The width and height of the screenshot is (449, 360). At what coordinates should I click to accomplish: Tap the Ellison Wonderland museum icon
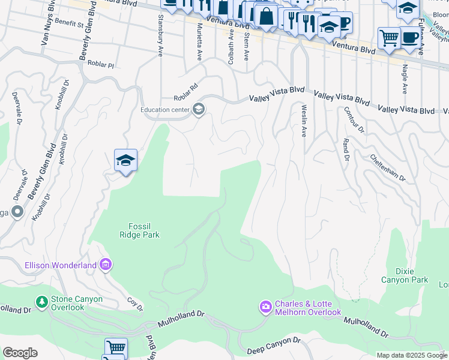(106, 265)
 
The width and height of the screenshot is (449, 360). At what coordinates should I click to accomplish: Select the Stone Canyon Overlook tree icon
(42, 301)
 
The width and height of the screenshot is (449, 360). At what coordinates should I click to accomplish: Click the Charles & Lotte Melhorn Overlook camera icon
(266, 308)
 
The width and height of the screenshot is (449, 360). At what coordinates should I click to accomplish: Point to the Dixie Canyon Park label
(405, 275)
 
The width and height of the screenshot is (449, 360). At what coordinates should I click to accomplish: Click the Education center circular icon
(199, 109)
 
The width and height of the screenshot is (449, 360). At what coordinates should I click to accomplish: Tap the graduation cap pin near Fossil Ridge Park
(125, 161)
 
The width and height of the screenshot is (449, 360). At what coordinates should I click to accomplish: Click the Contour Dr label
(354, 119)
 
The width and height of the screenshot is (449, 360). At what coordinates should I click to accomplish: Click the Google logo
(20, 353)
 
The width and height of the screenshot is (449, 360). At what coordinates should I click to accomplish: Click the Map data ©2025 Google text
(411, 355)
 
